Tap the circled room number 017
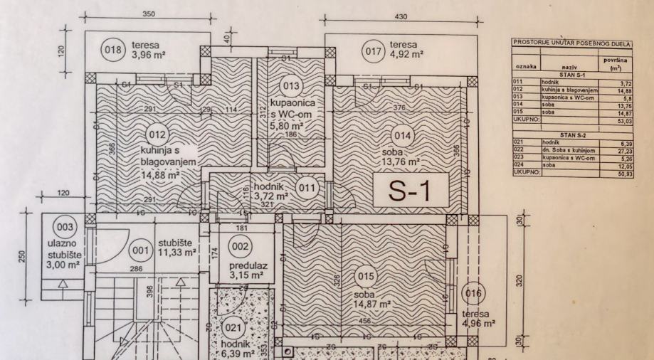[372, 51]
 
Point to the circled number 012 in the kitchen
[157, 134]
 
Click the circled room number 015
[365, 275]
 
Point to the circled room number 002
[240, 246]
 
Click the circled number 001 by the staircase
[139, 250]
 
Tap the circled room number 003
[64, 227]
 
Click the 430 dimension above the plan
[401, 16]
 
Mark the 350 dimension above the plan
[148, 14]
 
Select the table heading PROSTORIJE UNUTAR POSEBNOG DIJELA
[571, 43]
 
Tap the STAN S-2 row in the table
[571, 134]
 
